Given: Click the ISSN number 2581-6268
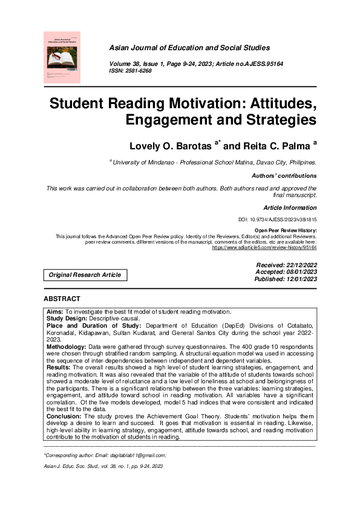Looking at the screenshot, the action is coord(139,71).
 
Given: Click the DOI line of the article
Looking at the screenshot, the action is coord(278,221).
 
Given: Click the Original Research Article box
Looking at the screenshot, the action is coord(85,275).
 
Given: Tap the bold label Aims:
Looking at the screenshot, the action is coord(56,310).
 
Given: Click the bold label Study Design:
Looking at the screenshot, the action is coord(67,317).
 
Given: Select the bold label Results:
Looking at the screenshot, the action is coord(59,367).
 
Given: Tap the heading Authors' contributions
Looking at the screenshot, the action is coord(283,176).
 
